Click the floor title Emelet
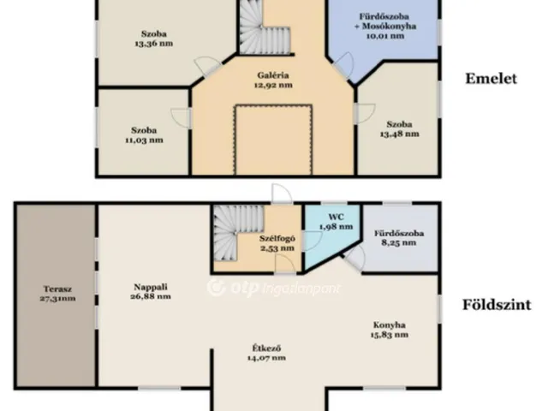pyautogui.click(x=491, y=79)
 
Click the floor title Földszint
pyautogui.click(x=497, y=305)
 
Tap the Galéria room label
pyautogui.click(x=273, y=75)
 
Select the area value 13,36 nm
pyautogui.click(x=154, y=44)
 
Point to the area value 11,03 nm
pyautogui.click(x=144, y=140)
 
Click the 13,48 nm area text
pyautogui.click(x=400, y=134)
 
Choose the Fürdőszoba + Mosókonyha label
pyautogui.click(x=384, y=21)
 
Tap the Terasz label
pyautogui.click(x=57, y=289)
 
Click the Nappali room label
pyautogui.click(x=151, y=287)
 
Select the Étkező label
pyautogui.click(x=266, y=348)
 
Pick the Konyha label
pyautogui.click(x=390, y=325)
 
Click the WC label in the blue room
pyautogui.click(x=337, y=217)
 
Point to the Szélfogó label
pyautogui.click(x=277, y=239)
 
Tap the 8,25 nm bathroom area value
pyautogui.click(x=399, y=243)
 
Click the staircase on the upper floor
pyautogui.click(x=265, y=28)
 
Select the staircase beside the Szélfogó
pyautogui.click(x=238, y=233)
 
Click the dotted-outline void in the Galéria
pyautogui.click(x=273, y=140)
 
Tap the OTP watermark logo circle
pyautogui.click(x=217, y=288)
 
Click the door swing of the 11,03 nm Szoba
pyautogui.click(x=181, y=118)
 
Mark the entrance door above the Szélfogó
pyautogui.click(x=282, y=194)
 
